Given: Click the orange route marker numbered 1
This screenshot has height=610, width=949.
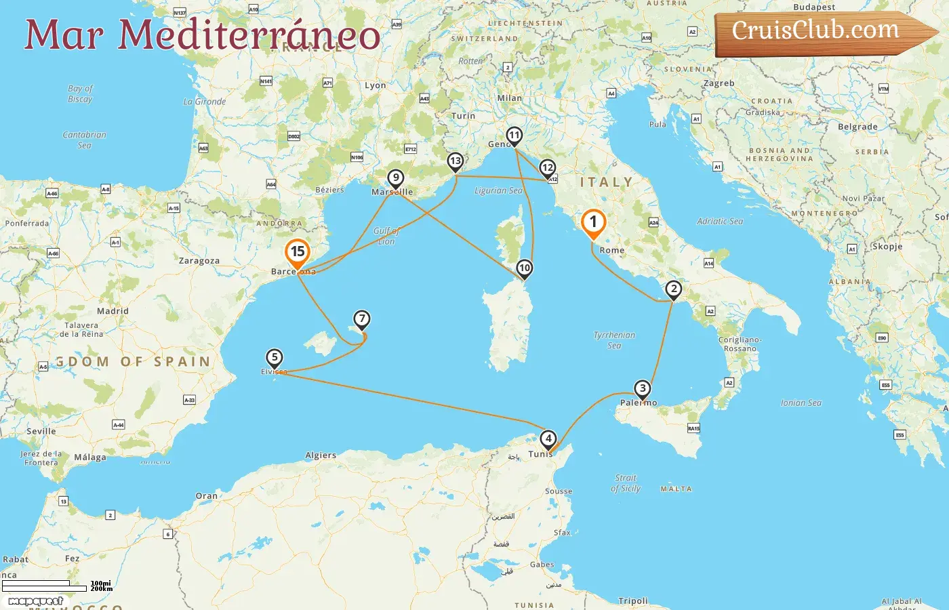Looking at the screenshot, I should coord(593,222).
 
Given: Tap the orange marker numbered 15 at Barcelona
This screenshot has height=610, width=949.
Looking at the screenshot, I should coord(297,252).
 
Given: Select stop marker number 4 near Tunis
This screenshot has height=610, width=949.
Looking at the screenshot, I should coord(548,439).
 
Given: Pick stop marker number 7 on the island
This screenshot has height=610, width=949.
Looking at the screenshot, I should coord(362,319).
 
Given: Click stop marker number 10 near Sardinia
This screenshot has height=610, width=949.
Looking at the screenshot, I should coord(524,268).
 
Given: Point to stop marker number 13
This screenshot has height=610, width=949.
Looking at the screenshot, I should coord(455,161).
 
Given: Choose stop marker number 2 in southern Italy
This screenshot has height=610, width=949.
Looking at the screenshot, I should coord(673,289).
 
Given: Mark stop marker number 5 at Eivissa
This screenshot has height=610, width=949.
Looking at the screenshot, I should coord(274,357).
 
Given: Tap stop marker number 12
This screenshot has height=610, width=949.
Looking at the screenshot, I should coord(547,167).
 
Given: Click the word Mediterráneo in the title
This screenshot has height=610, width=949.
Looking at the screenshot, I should coord(249,35).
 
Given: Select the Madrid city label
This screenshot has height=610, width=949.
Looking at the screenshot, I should coord(113,311).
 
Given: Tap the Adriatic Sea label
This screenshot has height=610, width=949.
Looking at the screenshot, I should coord(720,222).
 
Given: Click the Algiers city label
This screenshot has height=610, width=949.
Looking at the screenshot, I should coord(321,455).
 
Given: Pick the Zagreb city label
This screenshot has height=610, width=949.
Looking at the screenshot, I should coord(719,83).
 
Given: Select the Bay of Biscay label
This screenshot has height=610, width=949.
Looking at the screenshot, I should coord(80,94).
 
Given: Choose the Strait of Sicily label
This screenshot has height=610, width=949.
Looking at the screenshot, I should coord(625,483).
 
